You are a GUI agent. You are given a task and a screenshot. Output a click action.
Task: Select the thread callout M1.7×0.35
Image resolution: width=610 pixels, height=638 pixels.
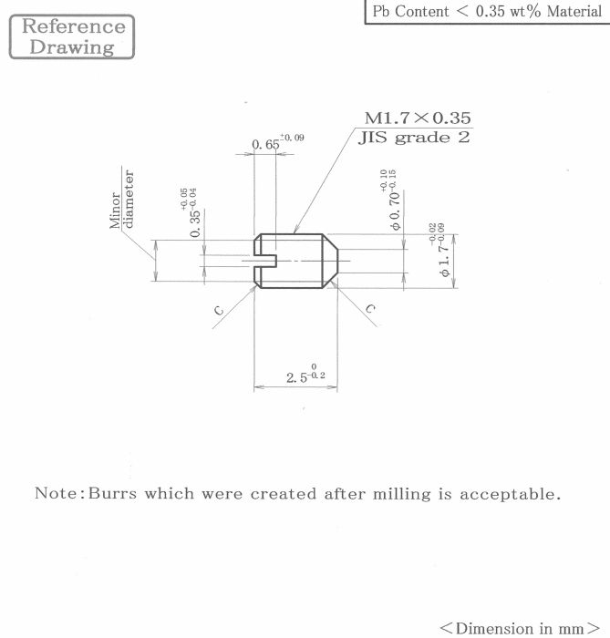click(x=418, y=118)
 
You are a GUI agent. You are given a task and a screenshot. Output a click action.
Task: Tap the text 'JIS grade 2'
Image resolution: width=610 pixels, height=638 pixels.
click(x=414, y=137)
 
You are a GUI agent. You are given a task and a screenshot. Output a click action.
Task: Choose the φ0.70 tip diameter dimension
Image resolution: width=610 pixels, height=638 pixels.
click(x=388, y=200)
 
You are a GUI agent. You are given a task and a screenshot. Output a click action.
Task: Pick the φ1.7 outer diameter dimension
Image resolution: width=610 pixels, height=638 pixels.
click(x=439, y=250)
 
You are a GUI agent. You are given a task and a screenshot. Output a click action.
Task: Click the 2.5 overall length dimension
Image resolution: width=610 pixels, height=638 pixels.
click(x=305, y=375)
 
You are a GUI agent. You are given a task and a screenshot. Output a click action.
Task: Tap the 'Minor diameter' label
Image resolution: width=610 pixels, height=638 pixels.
click(x=121, y=199)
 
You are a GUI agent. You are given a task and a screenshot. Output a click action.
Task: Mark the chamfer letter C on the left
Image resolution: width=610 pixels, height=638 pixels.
click(x=219, y=311)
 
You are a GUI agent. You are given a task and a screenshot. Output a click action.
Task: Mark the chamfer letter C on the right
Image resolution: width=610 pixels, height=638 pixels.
click(x=370, y=309)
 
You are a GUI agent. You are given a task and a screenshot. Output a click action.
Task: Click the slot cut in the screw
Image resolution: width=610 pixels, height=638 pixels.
click(x=265, y=261)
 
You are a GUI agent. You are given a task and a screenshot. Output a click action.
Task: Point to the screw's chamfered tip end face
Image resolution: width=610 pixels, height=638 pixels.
click(x=337, y=261)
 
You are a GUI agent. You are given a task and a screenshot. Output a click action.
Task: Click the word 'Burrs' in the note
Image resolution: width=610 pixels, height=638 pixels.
click(x=112, y=493)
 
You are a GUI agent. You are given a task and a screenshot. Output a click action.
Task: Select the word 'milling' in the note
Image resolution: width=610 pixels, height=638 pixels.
click(x=401, y=494)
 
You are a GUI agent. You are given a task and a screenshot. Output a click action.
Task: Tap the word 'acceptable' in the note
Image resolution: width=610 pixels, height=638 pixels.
click(x=511, y=494)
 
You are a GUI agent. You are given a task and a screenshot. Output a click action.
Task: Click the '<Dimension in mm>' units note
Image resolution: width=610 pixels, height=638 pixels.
click(x=520, y=628)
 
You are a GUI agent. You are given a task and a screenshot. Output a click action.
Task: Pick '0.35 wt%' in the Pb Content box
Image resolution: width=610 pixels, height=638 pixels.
click(x=508, y=11)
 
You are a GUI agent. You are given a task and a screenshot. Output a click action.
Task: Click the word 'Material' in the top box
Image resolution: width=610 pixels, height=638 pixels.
click(x=574, y=11)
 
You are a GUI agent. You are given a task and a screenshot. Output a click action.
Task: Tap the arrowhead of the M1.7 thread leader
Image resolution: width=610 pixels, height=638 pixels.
click(x=296, y=229)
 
